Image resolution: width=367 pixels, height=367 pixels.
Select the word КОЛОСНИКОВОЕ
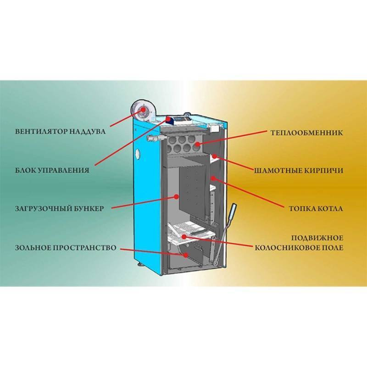point(292,247)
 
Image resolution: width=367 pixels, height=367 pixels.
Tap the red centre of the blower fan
point(144,110)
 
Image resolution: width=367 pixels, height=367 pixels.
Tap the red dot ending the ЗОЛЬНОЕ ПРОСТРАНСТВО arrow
point(185,255)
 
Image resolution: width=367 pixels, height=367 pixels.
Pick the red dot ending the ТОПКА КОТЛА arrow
point(212,178)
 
